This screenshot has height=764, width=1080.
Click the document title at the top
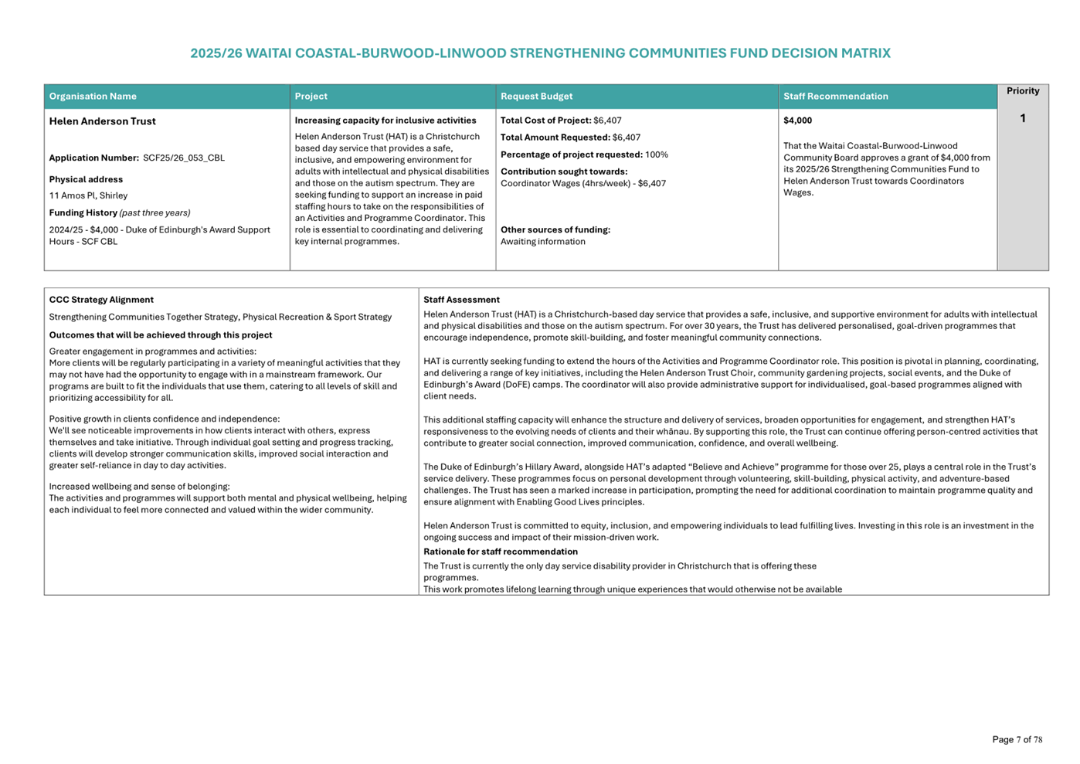tap(540, 53)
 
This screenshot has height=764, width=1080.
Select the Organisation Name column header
tap(93, 97)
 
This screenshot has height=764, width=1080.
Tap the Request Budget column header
tap(536, 97)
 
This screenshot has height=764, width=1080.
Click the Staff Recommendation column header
tap(835, 97)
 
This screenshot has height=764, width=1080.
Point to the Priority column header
tap(1022, 91)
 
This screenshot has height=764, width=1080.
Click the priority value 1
tap(1022, 118)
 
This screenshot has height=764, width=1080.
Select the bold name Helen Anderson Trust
tap(103, 121)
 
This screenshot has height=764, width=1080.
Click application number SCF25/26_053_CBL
tap(184, 158)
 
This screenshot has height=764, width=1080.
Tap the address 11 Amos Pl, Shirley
tap(88, 196)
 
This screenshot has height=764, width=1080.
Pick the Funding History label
tap(83, 213)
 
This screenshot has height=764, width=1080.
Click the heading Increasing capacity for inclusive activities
tap(385, 121)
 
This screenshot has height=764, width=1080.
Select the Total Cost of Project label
tap(545, 121)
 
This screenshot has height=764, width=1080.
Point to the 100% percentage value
tap(657, 154)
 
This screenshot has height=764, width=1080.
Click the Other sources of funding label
tap(555, 230)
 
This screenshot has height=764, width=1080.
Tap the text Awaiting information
tap(542, 242)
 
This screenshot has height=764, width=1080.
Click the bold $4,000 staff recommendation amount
tap(797, 121)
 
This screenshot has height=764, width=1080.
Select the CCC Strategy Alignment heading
tap(101, 300)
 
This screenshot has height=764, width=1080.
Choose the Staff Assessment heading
tap(461, 300)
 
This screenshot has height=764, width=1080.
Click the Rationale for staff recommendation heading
tap(500, 552)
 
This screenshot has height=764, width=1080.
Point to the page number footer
tap(1017, 739)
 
